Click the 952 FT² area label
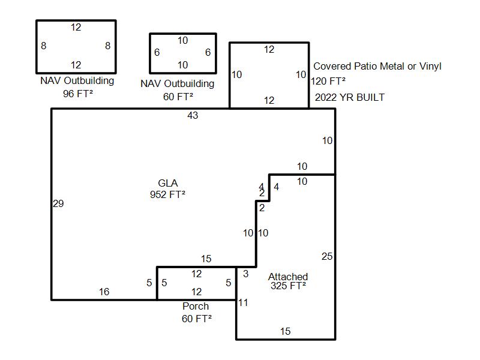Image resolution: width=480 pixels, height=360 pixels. pos(167,194)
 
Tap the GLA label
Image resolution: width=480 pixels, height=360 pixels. pos(168,183)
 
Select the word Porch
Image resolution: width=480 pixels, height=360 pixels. pos(196,307)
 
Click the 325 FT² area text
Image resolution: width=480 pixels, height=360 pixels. pos(288,286)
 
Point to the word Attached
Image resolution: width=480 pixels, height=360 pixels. pos(288,277)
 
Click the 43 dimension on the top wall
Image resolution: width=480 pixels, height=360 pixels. pos(193,115)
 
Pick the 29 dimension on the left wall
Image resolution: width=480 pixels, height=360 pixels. pos(58,204)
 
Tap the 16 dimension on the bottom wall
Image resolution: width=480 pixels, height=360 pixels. pos(104,292)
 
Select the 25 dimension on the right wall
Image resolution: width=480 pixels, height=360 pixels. pos(327,257)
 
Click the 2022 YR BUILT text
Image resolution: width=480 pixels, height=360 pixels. pos(350,97)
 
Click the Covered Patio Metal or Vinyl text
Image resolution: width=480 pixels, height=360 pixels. pos(377,67)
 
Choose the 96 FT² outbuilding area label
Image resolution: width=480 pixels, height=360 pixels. pos(77,94)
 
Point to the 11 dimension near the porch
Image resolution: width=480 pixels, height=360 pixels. pos(242,303)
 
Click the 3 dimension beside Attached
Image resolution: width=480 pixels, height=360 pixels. pos(245,274)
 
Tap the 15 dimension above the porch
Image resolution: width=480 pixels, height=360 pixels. pos(206,259)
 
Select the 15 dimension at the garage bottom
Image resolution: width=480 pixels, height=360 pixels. pos(286,331)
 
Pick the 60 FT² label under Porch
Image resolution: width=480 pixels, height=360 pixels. pos(197,319)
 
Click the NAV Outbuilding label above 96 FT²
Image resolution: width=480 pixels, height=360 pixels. pos(77,81)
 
